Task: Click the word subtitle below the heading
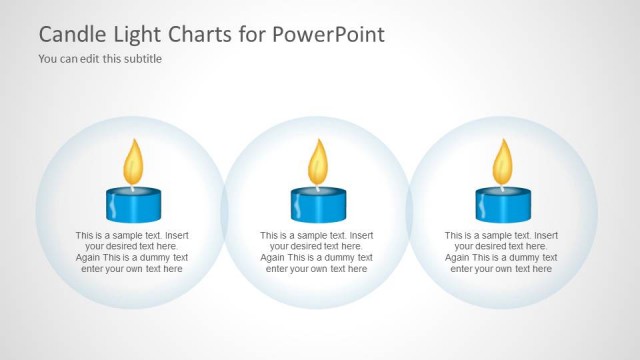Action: [x=141, y=59]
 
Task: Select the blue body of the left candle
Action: [x=132, y=205]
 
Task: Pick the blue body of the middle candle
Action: [x=317, y=205]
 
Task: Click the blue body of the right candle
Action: [x=502, y=205]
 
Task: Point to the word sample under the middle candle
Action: [x=307, y=236]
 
